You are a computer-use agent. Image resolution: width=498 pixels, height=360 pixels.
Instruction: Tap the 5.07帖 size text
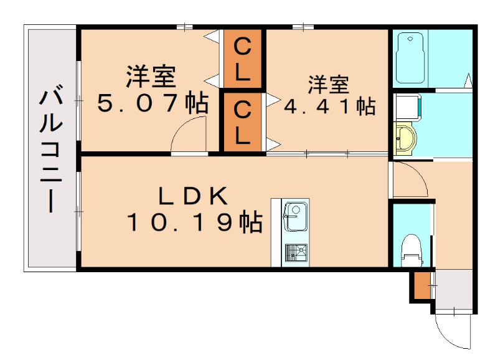point(152,103)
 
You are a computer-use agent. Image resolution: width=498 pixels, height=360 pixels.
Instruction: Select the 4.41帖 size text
point(329,106)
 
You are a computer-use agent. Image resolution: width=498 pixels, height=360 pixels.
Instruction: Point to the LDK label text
point(193,196)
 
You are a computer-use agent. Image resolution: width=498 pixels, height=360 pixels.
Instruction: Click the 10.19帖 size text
point(194,222)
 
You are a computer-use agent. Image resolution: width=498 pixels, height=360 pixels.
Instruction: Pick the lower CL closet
point(243,122)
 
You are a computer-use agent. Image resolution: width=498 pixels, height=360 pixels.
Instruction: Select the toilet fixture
point(411,248)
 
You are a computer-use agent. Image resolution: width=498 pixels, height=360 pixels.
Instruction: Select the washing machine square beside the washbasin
point(408,106)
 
